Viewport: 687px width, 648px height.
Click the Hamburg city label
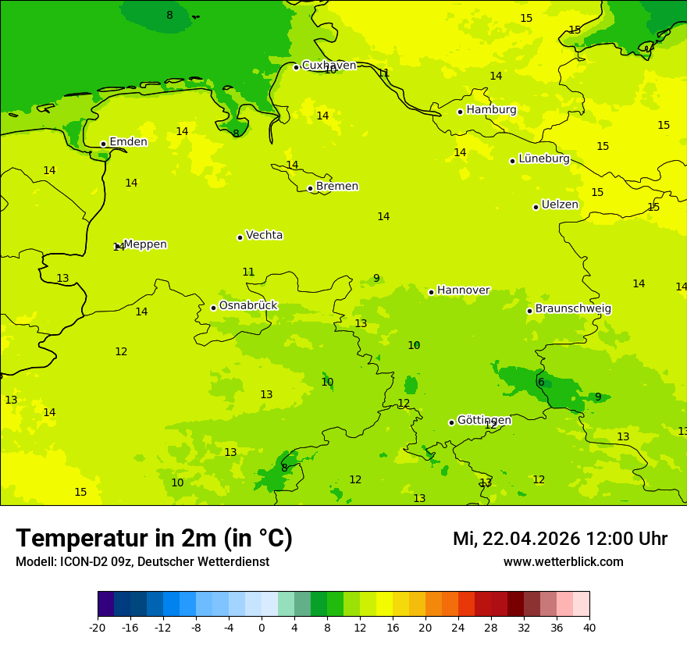point(491,110)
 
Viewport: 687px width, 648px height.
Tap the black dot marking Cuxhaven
point(296,67)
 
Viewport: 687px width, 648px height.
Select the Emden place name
point(128,142)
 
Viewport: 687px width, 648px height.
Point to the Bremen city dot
point(310,188)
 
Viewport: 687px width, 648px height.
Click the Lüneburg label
point(543,158)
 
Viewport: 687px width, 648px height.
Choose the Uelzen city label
point(560,205)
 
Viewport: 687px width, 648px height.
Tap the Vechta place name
point(264,235)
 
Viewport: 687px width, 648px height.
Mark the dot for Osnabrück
point(213,308)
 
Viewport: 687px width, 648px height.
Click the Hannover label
point(463,290)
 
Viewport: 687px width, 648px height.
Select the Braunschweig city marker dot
point(529,311)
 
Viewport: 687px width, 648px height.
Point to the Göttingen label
point(484,420)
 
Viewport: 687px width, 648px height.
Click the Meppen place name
point(144,244)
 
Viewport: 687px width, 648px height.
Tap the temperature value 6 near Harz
point(541,382)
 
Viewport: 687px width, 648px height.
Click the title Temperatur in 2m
point(154,539)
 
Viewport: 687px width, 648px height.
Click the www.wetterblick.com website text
point(563,562)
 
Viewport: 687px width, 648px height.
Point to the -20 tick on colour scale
point(98,627)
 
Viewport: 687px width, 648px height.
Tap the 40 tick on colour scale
point(589,627)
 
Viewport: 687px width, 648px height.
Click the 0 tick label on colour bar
point(262,627)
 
